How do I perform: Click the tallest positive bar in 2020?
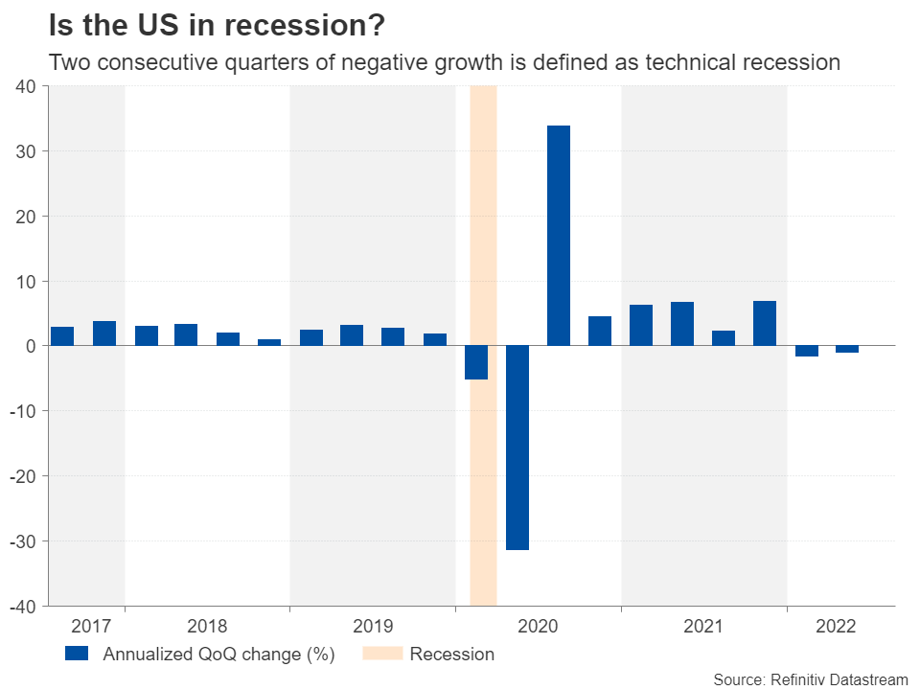[x=559, y=236]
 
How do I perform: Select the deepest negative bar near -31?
[x=517, y=448]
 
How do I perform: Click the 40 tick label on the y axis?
[x=25, y=86]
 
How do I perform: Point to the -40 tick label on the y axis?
[x=22, y=607]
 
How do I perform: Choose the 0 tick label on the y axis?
[x=31, y=346]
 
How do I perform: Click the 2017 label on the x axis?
[x=91, y=627]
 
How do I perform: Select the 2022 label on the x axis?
[x=836, y=627]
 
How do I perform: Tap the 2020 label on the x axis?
[x=537, y=627]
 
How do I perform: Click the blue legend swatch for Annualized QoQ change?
[x=77, y=655]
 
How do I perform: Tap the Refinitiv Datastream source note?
[x=810, y=678]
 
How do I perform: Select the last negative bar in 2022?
[x=847, y=349]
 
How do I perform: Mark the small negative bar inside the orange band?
[x=476, y=362]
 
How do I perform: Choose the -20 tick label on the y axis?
[x=22, y=476]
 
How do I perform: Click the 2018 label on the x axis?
[x=207, y=627]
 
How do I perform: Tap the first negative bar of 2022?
[x=806, y=351]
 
